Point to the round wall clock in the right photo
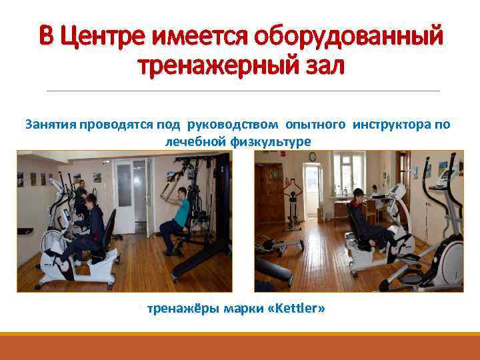310,157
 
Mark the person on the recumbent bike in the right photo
363,220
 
